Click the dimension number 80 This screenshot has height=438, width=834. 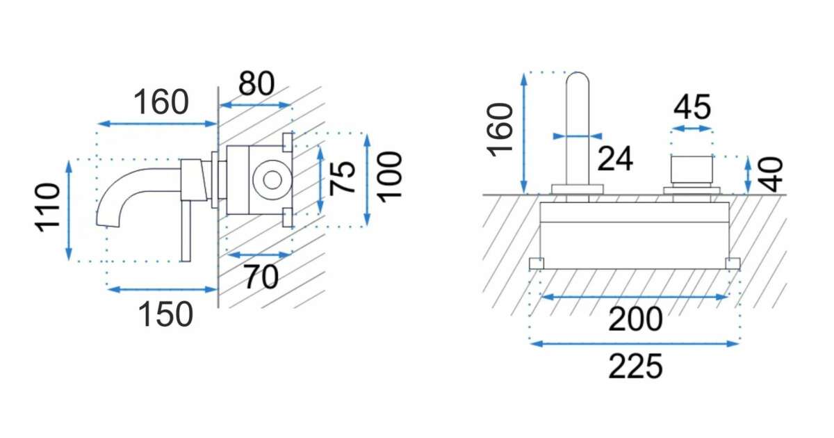tap(256, 83)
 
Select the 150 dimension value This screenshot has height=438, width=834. tap(165, 314)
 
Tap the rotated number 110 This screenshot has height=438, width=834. tap(48, 207)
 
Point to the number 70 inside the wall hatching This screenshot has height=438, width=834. tap(261, 277)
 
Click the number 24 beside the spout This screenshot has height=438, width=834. tap(615, 159)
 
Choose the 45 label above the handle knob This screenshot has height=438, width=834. tap(692, 107)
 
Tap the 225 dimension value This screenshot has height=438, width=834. tap(635, 366)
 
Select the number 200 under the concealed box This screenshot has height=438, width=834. tap(635, 319)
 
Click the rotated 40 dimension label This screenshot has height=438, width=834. tap(771, 175)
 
